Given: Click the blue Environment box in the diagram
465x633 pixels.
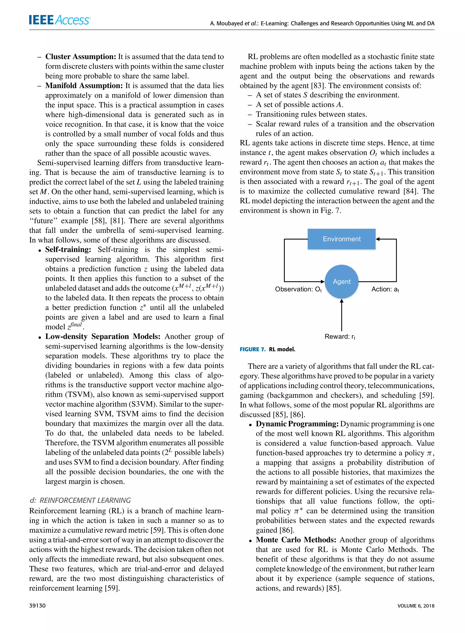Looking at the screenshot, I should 341,239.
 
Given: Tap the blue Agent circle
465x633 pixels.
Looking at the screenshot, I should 341,281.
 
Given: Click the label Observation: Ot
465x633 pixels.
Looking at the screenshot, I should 298,289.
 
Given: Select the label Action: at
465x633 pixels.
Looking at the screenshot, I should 385,289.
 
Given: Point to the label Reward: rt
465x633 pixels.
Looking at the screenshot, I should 340,337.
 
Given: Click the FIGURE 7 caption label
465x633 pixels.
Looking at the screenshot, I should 252,349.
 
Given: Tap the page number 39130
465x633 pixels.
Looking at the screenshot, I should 37,605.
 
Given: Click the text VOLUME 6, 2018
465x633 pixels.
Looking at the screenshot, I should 416,606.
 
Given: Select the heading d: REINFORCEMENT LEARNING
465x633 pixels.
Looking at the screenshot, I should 80,500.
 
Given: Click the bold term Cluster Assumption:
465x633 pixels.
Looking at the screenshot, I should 81,57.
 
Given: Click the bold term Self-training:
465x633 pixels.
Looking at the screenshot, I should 68,249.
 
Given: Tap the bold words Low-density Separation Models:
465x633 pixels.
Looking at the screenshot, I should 103,337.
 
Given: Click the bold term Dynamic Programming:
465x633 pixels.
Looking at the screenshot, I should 297,424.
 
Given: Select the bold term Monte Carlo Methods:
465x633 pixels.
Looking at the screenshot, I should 296,540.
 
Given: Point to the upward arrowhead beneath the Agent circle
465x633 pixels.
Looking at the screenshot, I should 341,301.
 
